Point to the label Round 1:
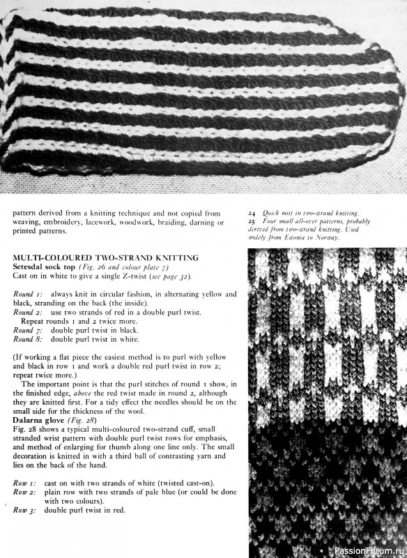(x=28, y=294)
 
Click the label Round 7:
(x=28, y=330)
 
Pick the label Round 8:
(x=28, y=339)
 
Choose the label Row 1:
(x=26, y=483)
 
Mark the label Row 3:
(x=26, y=511)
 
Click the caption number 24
(x=252, y=213)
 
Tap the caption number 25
(x=252, y=221)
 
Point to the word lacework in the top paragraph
(x=102, y=223)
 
